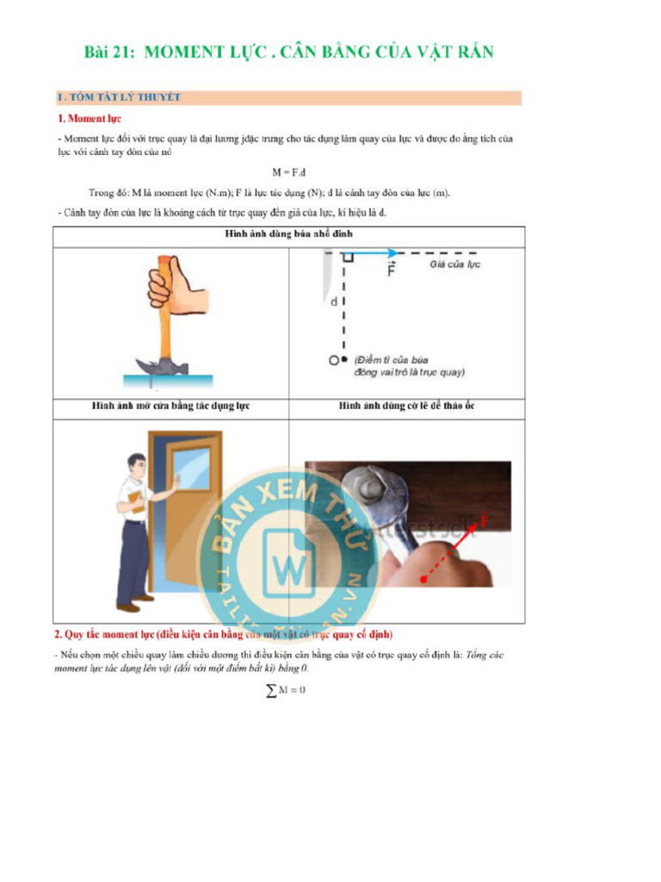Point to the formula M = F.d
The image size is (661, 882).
tap(289, 171)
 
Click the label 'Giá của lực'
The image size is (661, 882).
tap(454, 264)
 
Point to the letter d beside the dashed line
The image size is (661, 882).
tap(334, 302)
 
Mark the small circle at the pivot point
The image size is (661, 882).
tap(332, 358)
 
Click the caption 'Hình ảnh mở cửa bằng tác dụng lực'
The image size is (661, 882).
tap(170, 406)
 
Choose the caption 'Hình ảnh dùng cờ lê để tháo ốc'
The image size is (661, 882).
tap(406, 406)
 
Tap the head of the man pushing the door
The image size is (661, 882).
tap(136, 464)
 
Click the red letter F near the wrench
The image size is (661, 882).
tap(485, 521)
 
